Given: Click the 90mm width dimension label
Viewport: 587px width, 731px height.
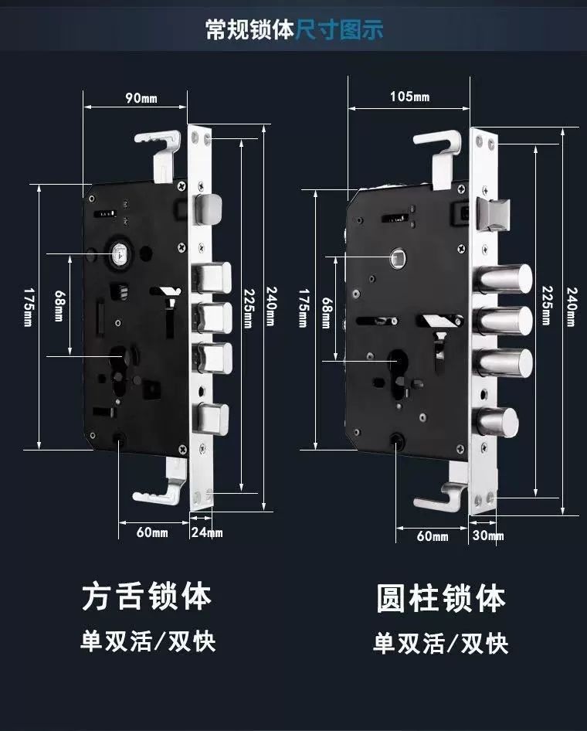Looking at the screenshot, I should tap(140, 97).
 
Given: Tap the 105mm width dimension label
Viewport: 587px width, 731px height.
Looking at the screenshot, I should tap(409, 97).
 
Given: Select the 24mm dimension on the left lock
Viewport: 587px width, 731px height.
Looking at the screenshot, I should tap(206, 532).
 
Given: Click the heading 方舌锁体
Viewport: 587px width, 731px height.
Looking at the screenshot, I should tap(147, 597).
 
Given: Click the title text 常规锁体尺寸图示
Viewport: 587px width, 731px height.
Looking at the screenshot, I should tap(293, 30).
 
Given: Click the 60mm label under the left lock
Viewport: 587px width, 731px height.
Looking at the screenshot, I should tap(152, 532).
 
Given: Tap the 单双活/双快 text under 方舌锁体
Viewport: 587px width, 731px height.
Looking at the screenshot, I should tap(148, 641).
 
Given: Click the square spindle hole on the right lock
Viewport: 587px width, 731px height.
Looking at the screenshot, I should tap(397, 257).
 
